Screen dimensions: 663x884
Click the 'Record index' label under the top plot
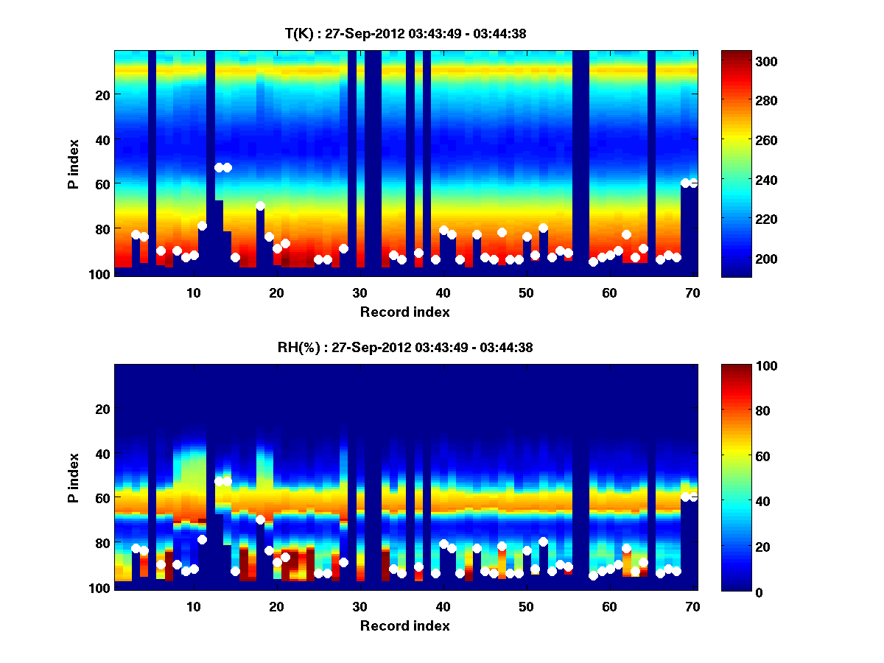404,312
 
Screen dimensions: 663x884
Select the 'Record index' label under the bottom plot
404,625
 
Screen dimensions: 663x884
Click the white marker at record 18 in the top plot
260,206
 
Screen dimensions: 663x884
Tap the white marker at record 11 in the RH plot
202,539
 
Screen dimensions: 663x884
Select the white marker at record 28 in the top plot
343,248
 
